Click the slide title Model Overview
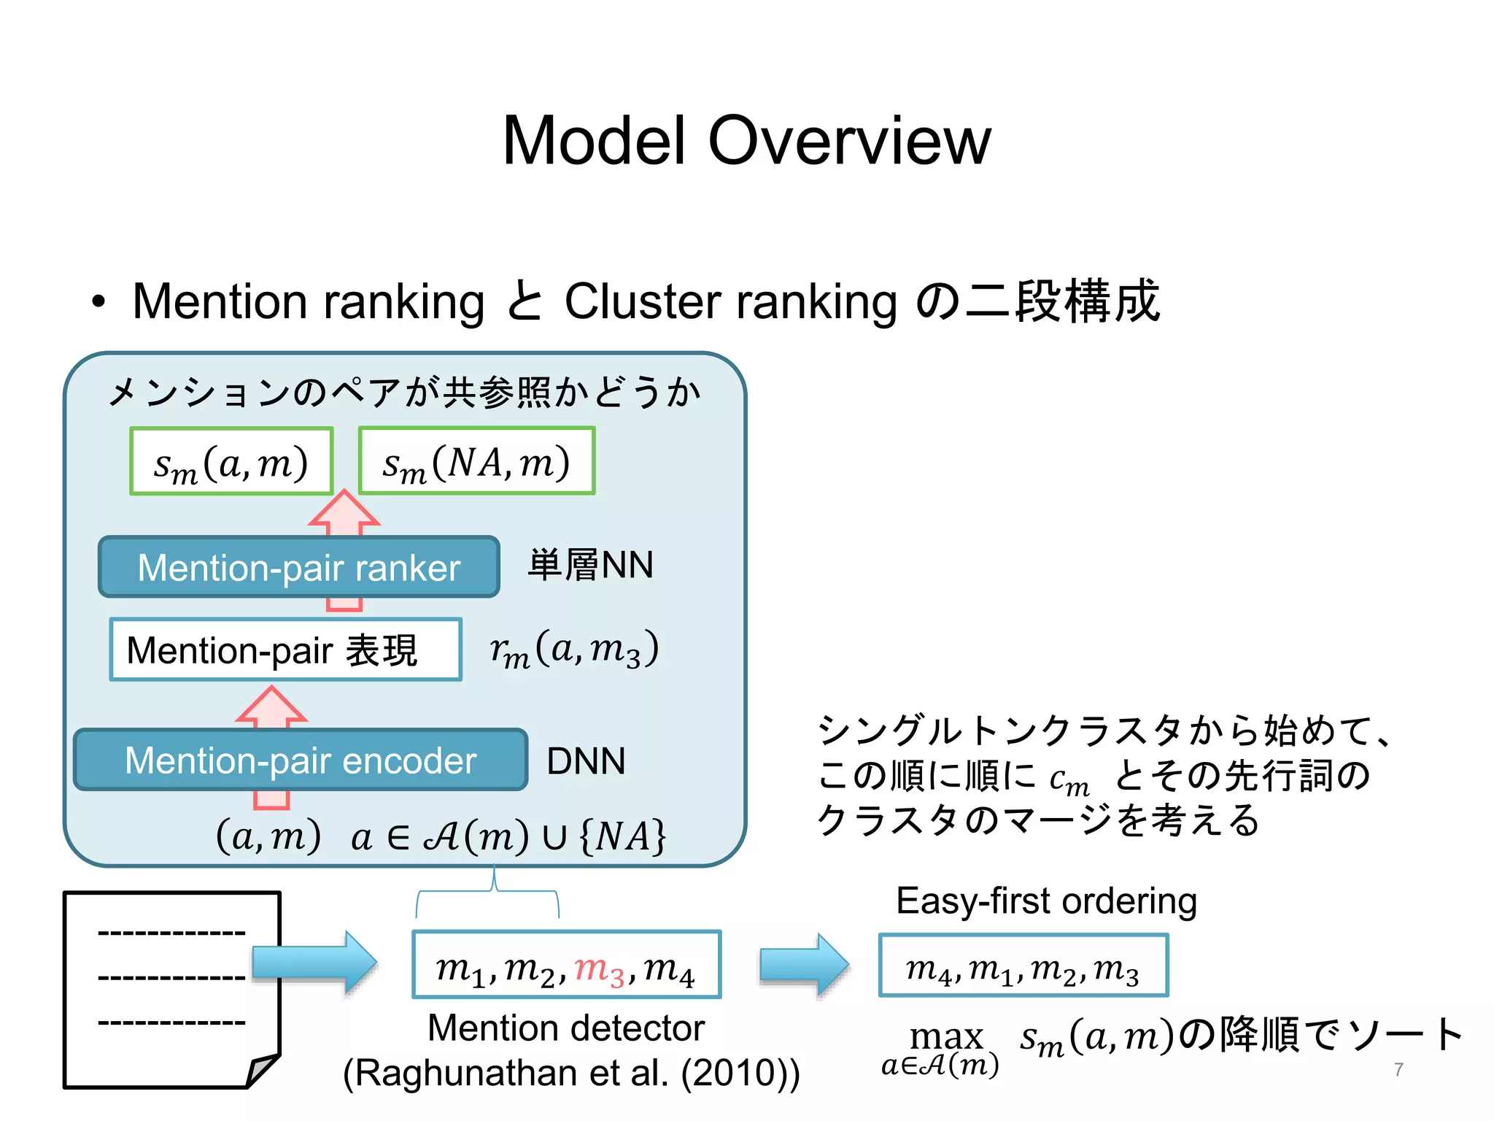coord(746,140)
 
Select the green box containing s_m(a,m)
coord(231,461)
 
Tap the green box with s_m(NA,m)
coord(476,461)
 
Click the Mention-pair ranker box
coord(299,567)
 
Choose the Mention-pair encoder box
coord(301,760)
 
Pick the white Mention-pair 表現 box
coord(285,650)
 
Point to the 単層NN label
coord(590,565)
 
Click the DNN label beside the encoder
coord(586,760)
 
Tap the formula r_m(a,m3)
coord(574,648)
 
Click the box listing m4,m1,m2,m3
coord(1023,966)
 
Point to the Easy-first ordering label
coord(1046,901)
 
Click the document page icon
coord(171,989)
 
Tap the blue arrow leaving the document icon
coord(315,962)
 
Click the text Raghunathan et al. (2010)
coord(571,1073)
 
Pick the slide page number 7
coord(1398,1069)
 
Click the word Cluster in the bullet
coord(641,301)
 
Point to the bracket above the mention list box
coord(487,894)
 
